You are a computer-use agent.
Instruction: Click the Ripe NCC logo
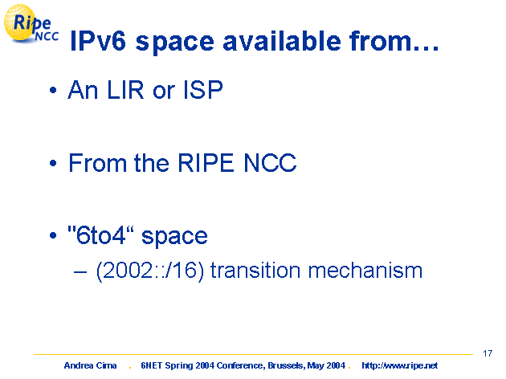coord(31,24)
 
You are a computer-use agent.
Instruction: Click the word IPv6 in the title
coord(98,41)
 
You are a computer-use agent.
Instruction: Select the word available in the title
coord(282,41)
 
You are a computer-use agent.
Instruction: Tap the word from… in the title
coord(394,41)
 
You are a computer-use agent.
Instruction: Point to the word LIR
coord(125,90)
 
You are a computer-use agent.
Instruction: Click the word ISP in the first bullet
coord(203,90)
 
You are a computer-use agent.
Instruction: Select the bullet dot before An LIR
coord(53,90)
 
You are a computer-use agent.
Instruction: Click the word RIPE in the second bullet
coord(206,162)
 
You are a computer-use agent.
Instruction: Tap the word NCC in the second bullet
coord(270,162)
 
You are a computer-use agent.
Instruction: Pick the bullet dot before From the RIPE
coord(53,163)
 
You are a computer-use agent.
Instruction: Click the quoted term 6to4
coord(100,234)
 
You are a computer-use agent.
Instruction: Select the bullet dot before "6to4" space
coord(53,236)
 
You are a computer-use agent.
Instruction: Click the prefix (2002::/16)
coord(150,271)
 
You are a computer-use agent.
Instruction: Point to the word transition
coord(255,270)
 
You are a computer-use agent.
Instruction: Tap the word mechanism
coord(365,270)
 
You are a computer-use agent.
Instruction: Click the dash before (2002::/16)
coord(80,272)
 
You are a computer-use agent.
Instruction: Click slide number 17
coord(488,353)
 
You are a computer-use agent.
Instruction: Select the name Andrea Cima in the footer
coord(90,365)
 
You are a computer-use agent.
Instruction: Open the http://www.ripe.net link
coord(399,366)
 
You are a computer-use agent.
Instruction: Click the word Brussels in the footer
coord(286,365)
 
